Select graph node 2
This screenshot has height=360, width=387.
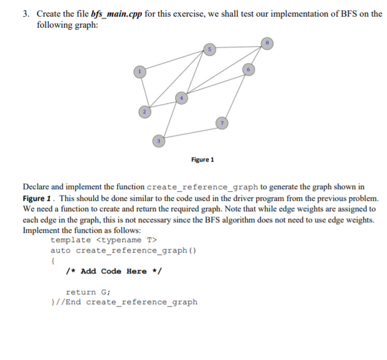(x=143, y=112)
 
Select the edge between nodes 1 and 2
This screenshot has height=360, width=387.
(x=142, y=92)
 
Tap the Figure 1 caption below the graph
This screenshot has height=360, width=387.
(x=203, y=160)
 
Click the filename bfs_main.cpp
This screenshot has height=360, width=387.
(x=114, y=14)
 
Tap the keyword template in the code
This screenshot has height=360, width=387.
(x=71, y=240)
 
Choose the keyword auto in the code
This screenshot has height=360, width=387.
(x=60, y=251)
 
